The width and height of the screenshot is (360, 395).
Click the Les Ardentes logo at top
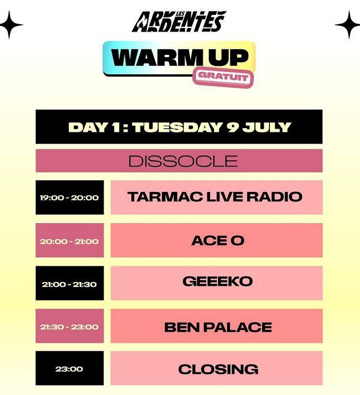179,22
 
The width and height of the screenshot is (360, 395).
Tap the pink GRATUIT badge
223,78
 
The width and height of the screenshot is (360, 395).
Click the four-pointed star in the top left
10,25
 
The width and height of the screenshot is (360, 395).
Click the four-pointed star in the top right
348,25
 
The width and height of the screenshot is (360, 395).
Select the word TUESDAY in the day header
177,127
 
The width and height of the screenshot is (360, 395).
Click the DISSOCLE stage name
183,161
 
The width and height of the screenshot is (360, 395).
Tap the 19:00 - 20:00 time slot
69,198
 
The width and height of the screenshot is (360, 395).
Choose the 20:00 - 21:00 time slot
69,242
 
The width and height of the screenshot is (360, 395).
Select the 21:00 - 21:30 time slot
69,284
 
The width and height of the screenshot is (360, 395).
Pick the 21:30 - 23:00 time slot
69,327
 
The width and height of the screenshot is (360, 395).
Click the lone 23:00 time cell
69,369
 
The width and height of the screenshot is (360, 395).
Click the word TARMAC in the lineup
165,197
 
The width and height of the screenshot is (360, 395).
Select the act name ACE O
218,240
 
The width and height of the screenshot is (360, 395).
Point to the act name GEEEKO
218,282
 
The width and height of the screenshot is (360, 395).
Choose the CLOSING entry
218,370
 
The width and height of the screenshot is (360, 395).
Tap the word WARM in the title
155,57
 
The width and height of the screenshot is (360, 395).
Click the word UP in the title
228,57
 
